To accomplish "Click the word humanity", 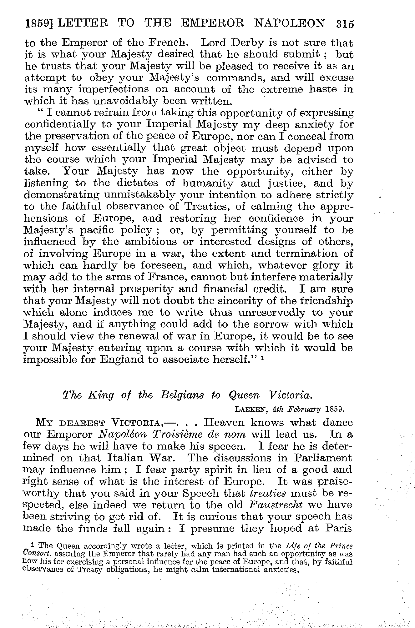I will click(x=207, y=183).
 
